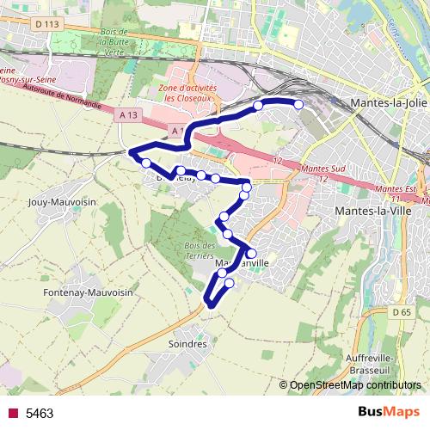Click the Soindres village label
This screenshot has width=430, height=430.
[184, 344]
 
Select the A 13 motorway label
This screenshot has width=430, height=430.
[129, 114]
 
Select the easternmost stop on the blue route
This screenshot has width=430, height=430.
[299, 105]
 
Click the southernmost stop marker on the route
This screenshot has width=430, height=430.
[229, 283]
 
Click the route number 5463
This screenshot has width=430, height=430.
[40, 414]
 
